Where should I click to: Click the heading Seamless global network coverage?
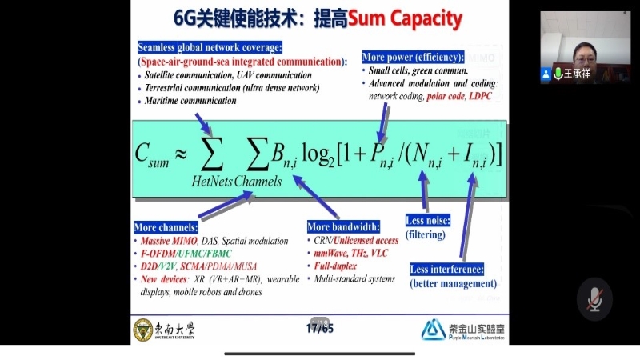click(x=210, y=47)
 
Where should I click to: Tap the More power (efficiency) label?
click(x=413, y=57)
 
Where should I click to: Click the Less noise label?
click(x=428, y=220)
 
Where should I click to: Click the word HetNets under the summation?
click(x=212, y=182)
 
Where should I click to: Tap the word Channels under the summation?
click(x=258, y=182)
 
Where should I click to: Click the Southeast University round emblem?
click(x=142, y=329)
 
